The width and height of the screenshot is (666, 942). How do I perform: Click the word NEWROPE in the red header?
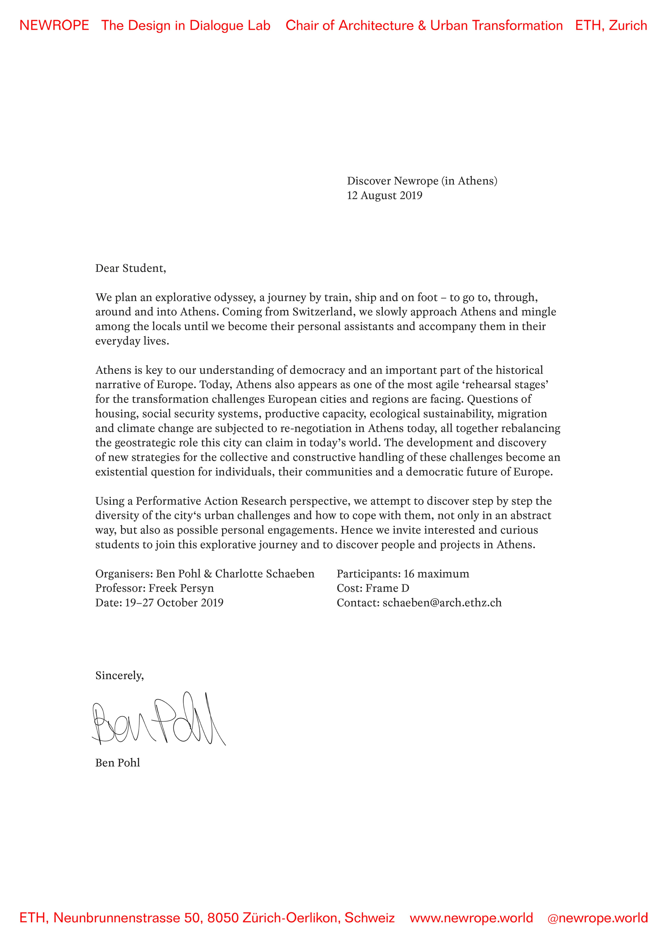[54, 26]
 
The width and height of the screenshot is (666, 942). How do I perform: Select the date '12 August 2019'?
[384, 195]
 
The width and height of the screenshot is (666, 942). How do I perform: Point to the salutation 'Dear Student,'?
[130, 268]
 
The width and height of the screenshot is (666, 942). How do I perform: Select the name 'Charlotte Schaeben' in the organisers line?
[264, 574]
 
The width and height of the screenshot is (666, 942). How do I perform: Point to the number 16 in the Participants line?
[409, 574]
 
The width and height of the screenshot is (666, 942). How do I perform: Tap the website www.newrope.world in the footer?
[471, 918]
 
